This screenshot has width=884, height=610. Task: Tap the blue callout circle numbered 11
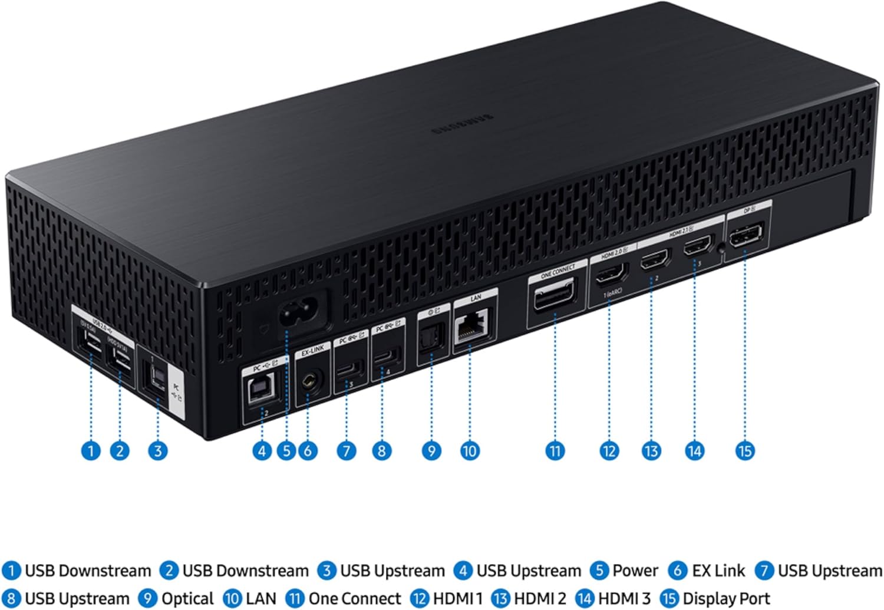click(555, 451)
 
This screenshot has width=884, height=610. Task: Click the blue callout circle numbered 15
click(745, 451)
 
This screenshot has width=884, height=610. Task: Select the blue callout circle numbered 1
click(91, 451)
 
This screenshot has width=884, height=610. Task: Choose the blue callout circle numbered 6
click(308, 451)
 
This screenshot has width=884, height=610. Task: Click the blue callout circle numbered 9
click(431, 451)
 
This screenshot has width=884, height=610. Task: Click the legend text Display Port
click(726, 598)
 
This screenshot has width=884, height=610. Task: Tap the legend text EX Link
click(718, 571)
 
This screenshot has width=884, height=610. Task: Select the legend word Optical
click(187, 598)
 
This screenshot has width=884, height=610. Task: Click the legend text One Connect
click(354, 598)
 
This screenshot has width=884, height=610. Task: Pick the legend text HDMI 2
click(540, 598)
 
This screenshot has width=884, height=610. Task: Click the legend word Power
click(635, 571)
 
